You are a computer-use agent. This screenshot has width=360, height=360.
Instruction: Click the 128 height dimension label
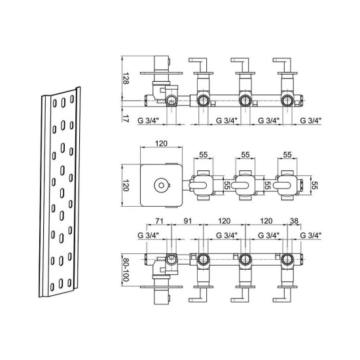tap(126, 79)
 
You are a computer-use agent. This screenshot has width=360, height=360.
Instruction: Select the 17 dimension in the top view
tap(126, 118)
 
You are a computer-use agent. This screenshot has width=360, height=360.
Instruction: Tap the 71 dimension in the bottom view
tap(159, 221)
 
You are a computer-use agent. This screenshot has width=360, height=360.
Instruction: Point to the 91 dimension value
tap(188, 221)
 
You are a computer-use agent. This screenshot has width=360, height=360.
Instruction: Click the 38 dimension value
tap(294, 221)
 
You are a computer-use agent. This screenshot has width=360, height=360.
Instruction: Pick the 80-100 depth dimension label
tap(126, 270)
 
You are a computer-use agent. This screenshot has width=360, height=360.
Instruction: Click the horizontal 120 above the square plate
tap(161, 143)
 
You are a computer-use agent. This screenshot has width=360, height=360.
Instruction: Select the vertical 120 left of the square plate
tap(126, 185)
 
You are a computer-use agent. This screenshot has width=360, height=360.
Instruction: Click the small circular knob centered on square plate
tap(162, 185)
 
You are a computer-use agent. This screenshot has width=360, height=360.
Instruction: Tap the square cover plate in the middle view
tap(162, 185)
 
